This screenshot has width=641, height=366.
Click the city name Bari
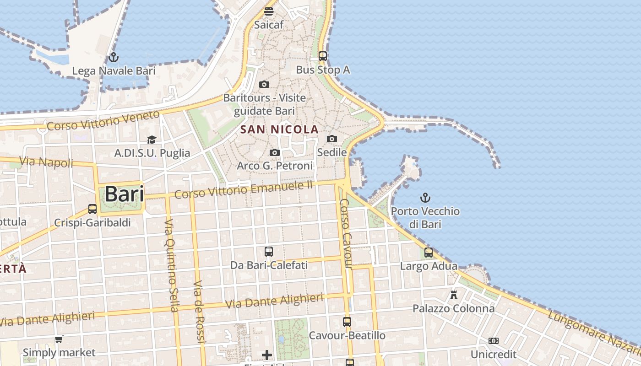[124, 194]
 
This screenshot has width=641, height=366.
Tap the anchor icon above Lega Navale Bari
[113, 58]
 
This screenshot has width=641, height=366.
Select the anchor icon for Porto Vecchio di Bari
[426, 198]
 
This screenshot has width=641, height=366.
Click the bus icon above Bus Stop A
[323, 56]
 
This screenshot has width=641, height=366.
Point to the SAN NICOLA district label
[279, 129]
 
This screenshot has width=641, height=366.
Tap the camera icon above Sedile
[332, 139]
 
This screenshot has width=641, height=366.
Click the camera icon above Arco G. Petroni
[275, 152]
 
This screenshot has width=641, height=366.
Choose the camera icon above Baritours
[264, 84]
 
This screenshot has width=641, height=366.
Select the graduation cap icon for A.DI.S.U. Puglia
[152, 140]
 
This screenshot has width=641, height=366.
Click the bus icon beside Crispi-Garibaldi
[92, 209]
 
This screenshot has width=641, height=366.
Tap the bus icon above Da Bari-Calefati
[269, 251]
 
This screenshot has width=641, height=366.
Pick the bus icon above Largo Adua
[429, 252]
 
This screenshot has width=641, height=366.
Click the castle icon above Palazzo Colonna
[454, 295]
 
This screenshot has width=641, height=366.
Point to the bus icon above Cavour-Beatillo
[347, 322]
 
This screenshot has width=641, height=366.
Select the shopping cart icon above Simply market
[59, 339]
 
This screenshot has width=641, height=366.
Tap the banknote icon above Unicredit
[493, 341]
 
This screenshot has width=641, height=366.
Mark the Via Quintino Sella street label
[171, 265]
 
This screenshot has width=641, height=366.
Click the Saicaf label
[269, 25]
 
